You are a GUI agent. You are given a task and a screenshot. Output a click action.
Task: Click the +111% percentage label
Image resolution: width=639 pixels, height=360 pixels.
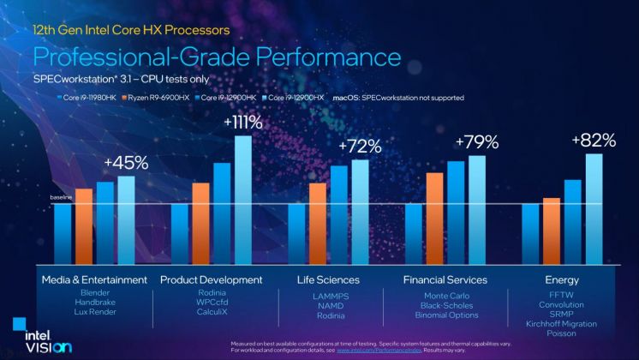coord(243,123)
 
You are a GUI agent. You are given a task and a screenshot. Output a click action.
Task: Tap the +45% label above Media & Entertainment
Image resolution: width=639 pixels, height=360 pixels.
coord(126,162)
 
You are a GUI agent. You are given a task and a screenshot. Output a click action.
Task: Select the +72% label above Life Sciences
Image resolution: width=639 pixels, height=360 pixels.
coord(361,147)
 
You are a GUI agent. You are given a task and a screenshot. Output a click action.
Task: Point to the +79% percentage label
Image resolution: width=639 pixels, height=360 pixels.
coord(477,141)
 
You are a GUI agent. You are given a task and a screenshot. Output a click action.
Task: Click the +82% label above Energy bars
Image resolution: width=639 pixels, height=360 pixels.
coord(594,140)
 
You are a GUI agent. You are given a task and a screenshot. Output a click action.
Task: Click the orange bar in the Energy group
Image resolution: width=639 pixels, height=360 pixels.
coord(552,234)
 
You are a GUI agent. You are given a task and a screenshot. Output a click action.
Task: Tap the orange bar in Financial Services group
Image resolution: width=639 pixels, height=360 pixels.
coord(434,221)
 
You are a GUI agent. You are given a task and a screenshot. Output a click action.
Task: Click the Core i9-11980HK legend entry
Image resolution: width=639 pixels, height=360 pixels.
coord(89,98)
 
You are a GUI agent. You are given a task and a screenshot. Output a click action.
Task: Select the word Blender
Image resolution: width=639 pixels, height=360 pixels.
coord(94,293)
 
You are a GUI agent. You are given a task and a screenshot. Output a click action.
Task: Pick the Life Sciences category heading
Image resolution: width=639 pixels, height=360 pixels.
coord(328,280)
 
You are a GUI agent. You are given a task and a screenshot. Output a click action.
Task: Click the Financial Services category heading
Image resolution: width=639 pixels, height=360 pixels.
coord(445,280)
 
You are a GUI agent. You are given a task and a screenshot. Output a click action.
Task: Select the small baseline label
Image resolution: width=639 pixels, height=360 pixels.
coord(61,198)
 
